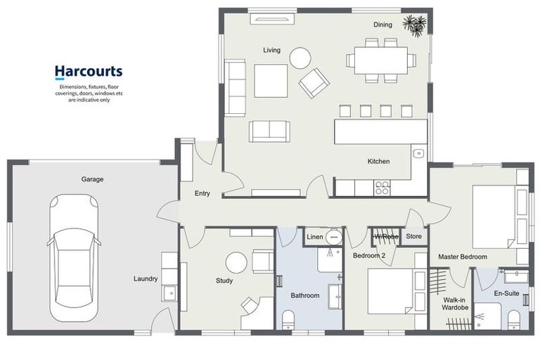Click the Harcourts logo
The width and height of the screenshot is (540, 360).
(x=89, y=72)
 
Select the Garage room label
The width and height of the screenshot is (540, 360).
(x=92, y=179)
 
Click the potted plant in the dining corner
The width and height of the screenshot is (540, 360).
(x=415, y=25)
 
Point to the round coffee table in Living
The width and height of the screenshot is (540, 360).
(x=300, y=58)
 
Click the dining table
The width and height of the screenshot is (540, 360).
(x=380, y=59)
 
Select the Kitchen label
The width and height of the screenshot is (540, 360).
(x=378, y=162)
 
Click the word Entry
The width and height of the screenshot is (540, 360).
(x=202, y=193)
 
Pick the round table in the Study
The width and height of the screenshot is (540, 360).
(x=236, y=263)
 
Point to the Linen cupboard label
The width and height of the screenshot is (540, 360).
(x=315, y=237)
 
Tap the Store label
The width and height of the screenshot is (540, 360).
(x=414, y=236)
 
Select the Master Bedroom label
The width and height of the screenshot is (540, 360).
(x=463, y=257)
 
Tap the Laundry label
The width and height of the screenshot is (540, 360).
(x=146, y=278)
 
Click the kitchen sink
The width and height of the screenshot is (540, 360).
(x=418, y=153)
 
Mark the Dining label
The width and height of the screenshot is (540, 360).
(x=382, y=25)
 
